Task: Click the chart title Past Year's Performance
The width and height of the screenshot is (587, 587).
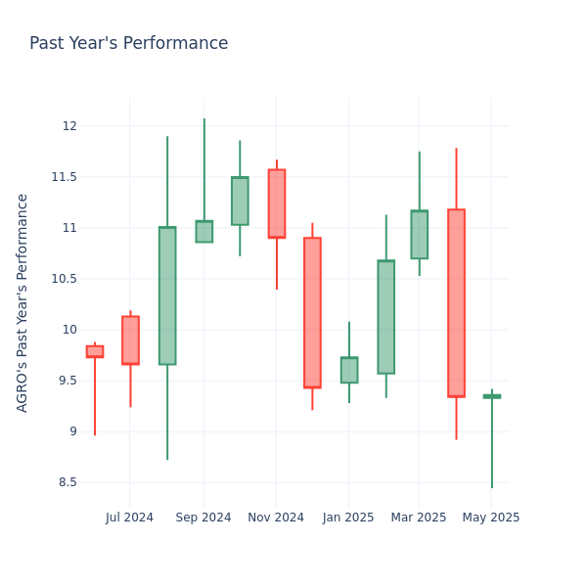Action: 128,43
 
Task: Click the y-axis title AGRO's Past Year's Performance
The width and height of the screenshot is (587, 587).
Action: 23,302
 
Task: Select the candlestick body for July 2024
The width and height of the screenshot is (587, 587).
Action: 130,340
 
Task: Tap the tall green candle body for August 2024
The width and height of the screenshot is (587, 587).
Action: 167,295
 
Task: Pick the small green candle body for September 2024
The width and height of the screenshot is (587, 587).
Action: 203,232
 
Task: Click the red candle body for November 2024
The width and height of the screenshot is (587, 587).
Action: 277,203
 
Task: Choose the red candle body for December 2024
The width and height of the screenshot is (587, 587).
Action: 312,312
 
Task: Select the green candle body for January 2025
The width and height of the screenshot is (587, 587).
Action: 349,370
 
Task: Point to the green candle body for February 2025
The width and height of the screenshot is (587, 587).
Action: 385,317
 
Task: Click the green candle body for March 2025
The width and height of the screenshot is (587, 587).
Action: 419,235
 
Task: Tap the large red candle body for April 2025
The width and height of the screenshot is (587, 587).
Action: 456,302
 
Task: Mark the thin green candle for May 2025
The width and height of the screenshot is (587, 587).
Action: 491,396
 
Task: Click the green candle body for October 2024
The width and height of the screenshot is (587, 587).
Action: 240,201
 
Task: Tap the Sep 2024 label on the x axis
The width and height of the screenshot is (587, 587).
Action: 203,518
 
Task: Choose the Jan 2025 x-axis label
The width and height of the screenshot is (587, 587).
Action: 348,518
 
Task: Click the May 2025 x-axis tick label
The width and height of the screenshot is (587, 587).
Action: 491,518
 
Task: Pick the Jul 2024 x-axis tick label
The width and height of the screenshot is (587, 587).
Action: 130,518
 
